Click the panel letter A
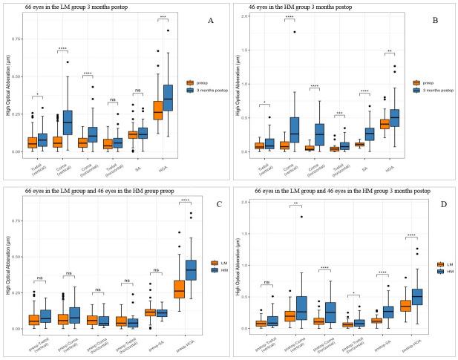pyautogui.click(x=211, y=21)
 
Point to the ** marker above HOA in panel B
pyautogui.click(x=388, y=52)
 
